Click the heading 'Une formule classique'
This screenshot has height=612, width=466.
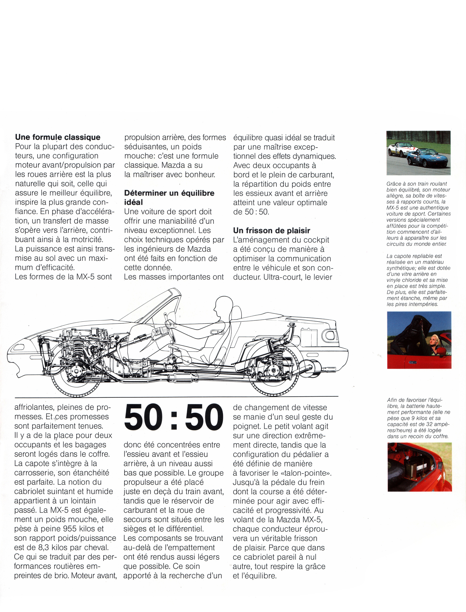[x=58, y=137]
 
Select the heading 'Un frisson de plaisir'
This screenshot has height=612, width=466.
[x=272, y=230]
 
